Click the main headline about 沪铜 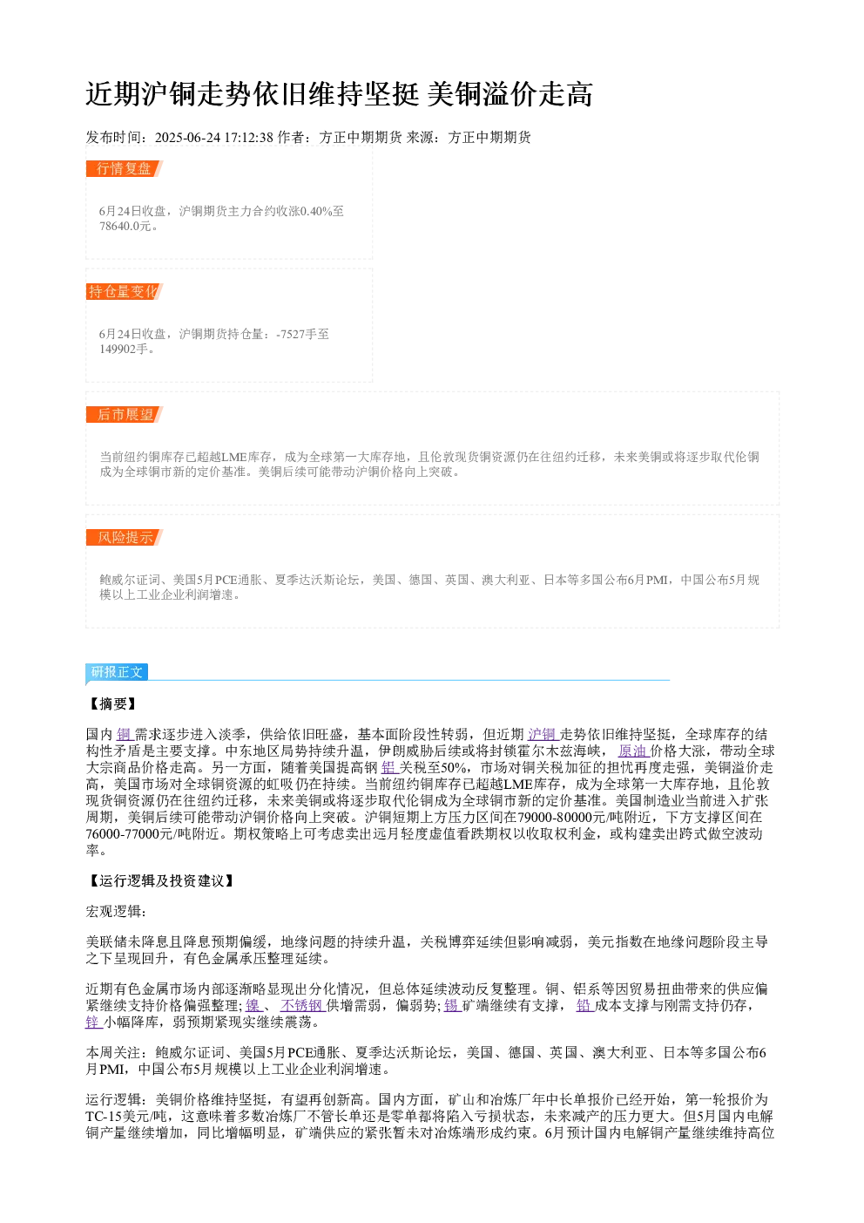tap(339, 94)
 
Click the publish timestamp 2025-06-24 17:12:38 tap(213, 138)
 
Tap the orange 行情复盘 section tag tap(124, 169)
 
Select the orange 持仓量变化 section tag tap(124, 291)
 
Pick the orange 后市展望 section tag tap(124, 414)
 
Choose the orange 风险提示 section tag tap(124, 537)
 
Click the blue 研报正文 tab tap(117, 672)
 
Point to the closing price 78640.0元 tap(125, 227)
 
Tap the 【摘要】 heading tap(111, 703)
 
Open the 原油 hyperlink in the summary tap(632, 751)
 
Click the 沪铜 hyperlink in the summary tap(542, 735)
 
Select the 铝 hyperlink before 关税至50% tap(388, 768)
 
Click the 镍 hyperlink tap(253, 1006)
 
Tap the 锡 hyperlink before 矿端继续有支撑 tap(451, 1006)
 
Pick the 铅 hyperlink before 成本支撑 tap(584, 1006)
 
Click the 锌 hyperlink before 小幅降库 tap(92, 1023)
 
